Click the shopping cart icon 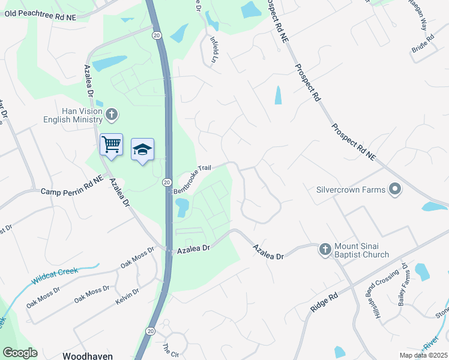point(111,144)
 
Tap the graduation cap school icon point(142,149)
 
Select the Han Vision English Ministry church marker point(112,114)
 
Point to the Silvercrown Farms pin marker point(394,190)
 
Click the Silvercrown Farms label point(351,190)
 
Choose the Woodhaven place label point(87,355)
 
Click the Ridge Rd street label point(325,301)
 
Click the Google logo point(20,353)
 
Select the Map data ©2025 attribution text point(424,355)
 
